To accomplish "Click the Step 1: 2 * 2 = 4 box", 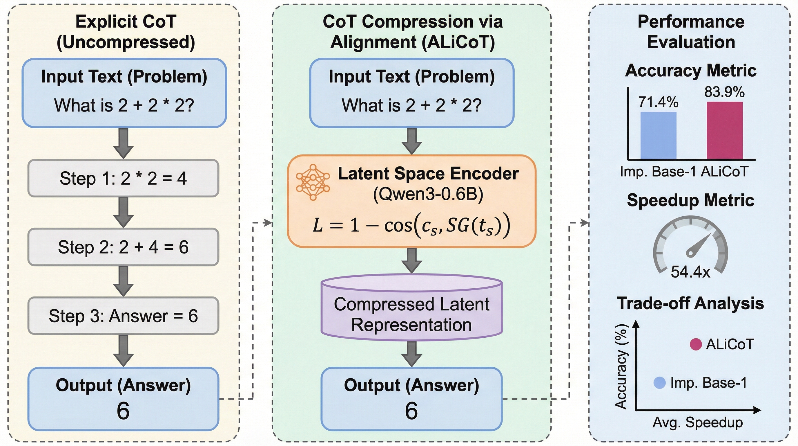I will tap(123, 178).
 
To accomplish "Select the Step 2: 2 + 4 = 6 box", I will tap(123, 247).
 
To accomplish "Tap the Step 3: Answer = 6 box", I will tap(123, 316).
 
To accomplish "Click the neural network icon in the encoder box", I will tap(313, 182).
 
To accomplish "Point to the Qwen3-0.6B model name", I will tap(428, 195).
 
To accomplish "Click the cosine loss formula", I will tap(411, 226).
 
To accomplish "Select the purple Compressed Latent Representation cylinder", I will tap(411, 310).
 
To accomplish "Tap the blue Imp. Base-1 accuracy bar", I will tap(658, 136).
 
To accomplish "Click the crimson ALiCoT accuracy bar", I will tap(725, 130).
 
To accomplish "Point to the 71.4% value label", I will tap(658, 102).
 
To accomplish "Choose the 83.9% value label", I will tap(724, 92).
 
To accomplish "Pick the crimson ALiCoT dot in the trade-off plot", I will tap(695, 344).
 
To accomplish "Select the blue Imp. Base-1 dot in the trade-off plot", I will tap(659, 383).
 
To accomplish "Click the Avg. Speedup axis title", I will tap(698, 422).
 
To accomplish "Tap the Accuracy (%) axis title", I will tap(621, 366).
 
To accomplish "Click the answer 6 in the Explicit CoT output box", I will tap(123, 411).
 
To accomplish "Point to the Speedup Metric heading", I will tap(690, 200).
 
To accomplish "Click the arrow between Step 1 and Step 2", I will tap(123, 213).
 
